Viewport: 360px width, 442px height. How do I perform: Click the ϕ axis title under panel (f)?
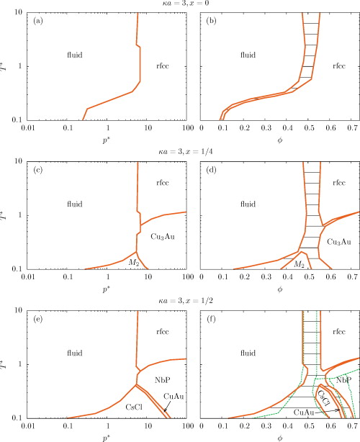point(279,435)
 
